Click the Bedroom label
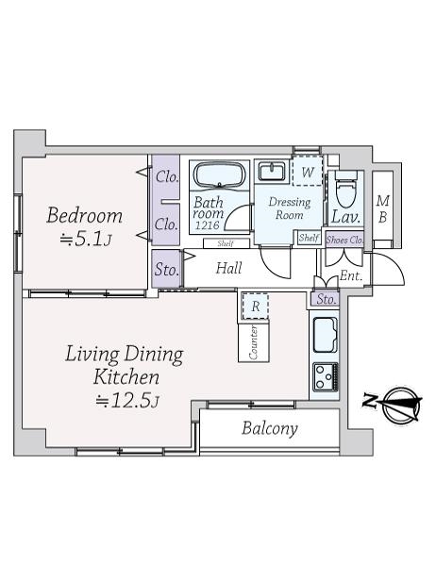coord(85,216)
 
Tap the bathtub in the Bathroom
coord(220,175)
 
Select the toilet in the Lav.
coord(345,191)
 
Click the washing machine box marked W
coord(308,171)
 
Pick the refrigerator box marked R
coord(255,306)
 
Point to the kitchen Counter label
coord(254,342)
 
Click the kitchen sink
coord(326,336)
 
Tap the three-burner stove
coord(326,377)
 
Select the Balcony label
coord(270,429)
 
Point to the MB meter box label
coord(382,209)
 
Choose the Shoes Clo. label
coord(344,241)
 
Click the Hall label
coord(228,268)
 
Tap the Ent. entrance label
coord(351,275)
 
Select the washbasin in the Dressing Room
coord(272,172)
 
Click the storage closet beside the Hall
coord(166,269)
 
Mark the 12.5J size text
coord(127,401)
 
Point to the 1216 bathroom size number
coord(207,224)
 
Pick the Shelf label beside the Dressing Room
coord(309,238)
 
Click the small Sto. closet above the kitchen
coord(326,299)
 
